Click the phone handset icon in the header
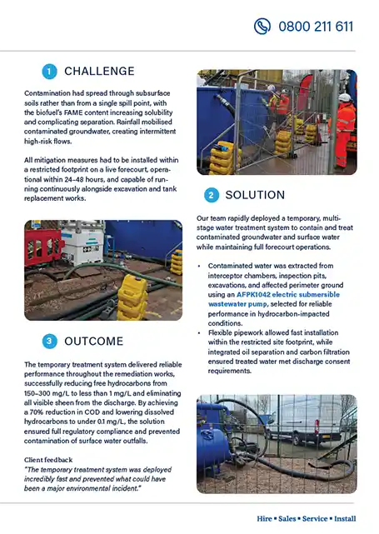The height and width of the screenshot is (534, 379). tap(262, 26)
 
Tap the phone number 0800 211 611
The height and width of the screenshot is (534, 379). tap(316, 26)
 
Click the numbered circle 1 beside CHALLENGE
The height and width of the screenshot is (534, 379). tap(49, 71)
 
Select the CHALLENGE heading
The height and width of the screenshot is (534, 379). tap(99, 71)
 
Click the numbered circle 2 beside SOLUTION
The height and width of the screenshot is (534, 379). tap(211, 195)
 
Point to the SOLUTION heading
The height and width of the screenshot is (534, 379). tap(255, 195)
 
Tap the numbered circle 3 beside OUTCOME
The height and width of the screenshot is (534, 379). tap(49, 341)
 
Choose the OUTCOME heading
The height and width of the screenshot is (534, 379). tap(94, 341)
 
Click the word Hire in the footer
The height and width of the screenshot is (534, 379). tap(267, 518)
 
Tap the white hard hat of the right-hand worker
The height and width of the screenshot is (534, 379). tap(344, 97)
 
